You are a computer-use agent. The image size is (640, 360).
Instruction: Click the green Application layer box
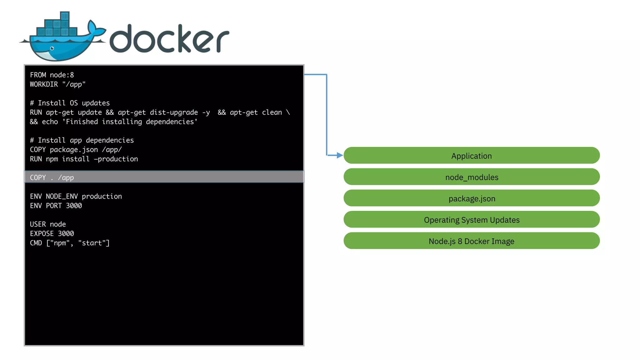coord(471,156)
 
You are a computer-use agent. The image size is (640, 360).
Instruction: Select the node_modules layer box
coord(471,177)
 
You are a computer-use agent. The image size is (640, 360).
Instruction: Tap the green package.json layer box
coord(471,198)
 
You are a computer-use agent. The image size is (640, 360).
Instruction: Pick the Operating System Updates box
coord(471,219)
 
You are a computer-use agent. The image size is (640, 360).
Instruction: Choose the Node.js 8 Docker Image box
coord(471,241)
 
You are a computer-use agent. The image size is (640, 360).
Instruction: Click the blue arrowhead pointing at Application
coord(340,155)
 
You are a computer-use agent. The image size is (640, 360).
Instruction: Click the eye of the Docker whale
coord(52,48)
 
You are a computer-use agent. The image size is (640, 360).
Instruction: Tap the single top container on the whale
coord(65,16)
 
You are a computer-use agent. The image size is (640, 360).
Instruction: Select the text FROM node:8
coord(52,75)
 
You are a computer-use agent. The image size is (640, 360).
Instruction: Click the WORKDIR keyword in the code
coord(44,84)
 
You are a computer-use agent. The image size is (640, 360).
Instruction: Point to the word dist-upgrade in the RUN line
coord(174,112)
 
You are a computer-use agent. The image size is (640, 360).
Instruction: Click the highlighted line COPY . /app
coord(52,177)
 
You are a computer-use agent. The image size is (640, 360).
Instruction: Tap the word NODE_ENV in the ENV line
coord(62,196)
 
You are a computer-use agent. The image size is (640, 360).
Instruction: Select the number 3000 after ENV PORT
coord(74,206)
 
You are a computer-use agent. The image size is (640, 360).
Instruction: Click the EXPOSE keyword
coord(42,233)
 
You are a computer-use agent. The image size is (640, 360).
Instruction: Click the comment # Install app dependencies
coord(82,140)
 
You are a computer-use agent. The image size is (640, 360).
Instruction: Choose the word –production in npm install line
coord(116,159)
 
